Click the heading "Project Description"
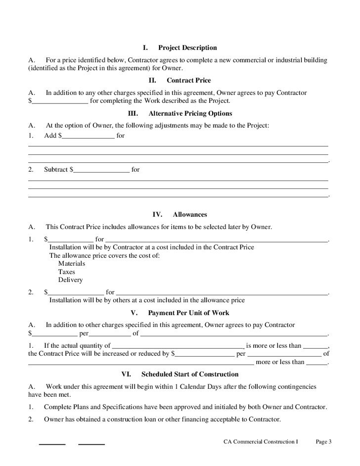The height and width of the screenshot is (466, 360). (x=187, y=48)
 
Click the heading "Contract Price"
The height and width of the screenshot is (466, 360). (x=188, y=80)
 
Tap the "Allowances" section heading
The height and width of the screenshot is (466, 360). (x=190, y=215)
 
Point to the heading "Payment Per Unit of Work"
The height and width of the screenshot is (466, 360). (x=188, y=313)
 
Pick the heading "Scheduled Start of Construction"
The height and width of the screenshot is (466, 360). (x=190, y=374)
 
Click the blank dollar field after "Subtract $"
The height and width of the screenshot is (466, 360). (x=101, y=170)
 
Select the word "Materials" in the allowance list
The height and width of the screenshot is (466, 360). (x=72, y=264)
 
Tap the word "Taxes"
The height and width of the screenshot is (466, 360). (x=67, y=272)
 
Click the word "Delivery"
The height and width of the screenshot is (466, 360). (x=70, y=280)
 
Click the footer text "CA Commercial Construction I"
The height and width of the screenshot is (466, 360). (x=261, y=441)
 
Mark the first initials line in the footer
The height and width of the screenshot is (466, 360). (x=52, y=444)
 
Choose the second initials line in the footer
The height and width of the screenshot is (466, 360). (x=91, y=444)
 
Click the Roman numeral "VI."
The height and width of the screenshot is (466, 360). (x=126, y=374)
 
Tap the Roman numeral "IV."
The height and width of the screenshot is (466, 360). (x=157, y=215)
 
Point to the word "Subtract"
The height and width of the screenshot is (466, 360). (x=55, y=170)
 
